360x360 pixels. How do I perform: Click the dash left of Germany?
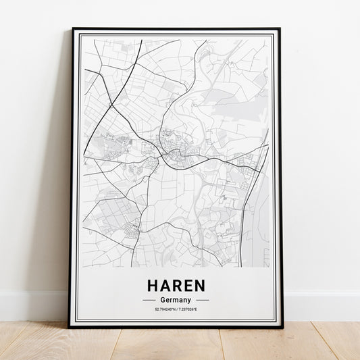coord(149,300)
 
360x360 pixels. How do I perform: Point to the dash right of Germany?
coord(202,300)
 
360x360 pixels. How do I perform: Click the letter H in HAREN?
coord(152,284)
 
